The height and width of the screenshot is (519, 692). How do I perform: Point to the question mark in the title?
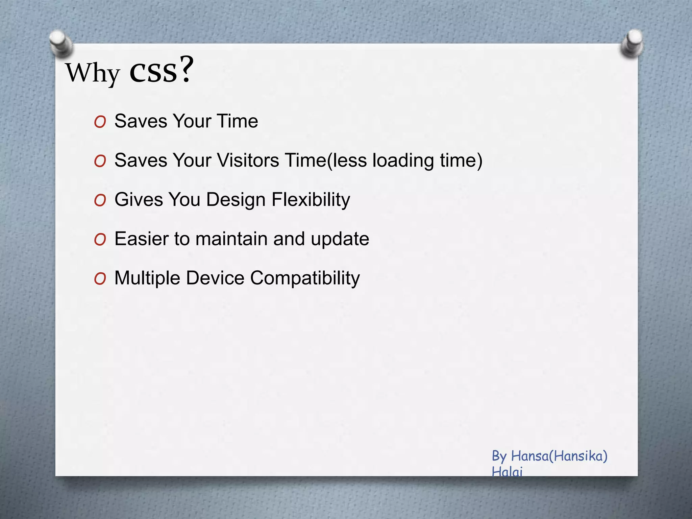coord(186,69)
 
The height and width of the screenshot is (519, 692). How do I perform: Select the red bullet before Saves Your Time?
coord(100,122)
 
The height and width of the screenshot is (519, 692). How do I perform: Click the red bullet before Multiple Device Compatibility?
coord(100,279)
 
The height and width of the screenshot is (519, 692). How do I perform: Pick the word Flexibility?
coord(311,199)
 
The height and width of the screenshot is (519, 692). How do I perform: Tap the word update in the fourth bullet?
coord(340,239)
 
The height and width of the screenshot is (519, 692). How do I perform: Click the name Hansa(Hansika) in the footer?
coord(559,456)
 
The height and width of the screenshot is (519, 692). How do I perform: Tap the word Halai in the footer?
coord(507,471)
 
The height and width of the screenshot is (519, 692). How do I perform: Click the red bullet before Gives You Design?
coord(100,200)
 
